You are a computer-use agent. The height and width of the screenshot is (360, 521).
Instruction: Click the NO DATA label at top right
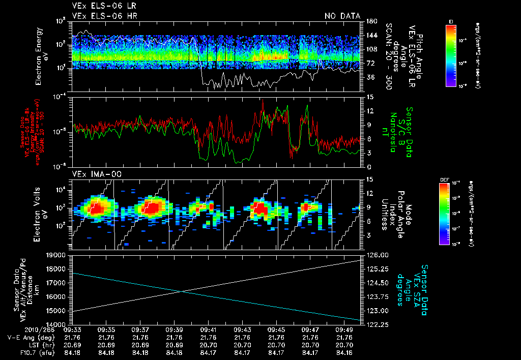342,16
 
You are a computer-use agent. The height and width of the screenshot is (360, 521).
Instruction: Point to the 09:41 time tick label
209,329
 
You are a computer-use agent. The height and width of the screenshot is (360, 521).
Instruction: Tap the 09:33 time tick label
72,329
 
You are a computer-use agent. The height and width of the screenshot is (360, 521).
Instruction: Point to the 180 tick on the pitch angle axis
370,21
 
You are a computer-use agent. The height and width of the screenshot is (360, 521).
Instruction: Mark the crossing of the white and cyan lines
183,291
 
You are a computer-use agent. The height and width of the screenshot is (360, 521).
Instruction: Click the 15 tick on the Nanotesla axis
370,97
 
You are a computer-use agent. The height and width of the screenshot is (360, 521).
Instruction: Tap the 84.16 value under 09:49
345,352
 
